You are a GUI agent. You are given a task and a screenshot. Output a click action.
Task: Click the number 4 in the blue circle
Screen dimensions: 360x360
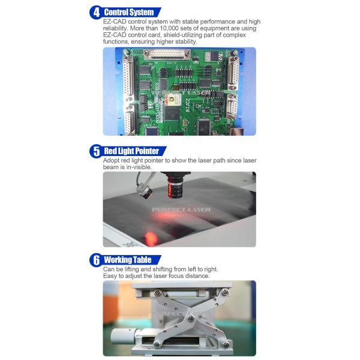tap(97, 12)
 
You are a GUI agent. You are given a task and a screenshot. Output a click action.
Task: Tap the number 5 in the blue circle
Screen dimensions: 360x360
tap(97, 151)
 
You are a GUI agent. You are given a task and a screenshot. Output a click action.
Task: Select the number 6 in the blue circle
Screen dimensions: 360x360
tap(97, 260)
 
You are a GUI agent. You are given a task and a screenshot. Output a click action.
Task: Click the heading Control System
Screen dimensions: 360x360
tap(129, 12)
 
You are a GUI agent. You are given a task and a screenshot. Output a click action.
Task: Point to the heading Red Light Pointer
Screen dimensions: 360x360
tap(131, 151)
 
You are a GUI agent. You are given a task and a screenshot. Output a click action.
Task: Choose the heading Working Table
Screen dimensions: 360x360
tap(128, 260)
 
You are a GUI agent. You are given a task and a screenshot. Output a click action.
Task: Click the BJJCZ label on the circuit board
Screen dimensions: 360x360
tap(188, 105)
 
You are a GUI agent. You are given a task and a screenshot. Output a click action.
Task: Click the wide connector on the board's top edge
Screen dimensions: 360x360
tap(167, 54)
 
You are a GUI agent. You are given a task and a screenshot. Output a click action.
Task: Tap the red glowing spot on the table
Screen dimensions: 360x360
tap(151, 238)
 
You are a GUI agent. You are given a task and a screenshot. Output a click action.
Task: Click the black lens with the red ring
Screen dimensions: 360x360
tap(175, 186)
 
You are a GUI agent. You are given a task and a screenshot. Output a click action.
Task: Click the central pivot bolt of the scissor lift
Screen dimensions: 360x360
tap(191, 318)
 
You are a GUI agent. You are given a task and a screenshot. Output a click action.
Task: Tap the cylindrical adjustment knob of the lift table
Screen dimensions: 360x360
tap(122, 336)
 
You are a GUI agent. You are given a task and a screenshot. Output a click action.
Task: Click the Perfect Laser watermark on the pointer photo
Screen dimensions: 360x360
tap(181, 209)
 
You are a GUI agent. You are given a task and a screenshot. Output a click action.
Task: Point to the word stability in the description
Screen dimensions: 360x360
tap(186, 41)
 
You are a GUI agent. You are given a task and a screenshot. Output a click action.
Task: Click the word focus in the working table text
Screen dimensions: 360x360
tap(176, 276)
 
